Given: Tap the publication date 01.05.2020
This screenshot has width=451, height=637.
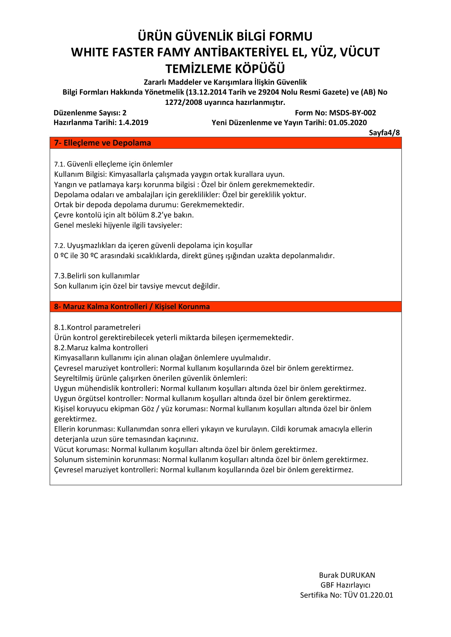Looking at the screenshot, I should click(347, 122).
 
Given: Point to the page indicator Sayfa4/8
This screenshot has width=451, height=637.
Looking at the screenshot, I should click(384, 133).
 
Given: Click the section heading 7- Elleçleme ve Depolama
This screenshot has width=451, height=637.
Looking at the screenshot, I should click(102, 143).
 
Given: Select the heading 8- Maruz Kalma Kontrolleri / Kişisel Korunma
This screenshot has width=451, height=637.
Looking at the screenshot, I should click(132, 306).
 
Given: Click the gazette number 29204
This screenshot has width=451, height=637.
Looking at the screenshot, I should click(268, 92).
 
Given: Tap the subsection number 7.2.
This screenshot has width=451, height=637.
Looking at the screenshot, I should click(59, 246).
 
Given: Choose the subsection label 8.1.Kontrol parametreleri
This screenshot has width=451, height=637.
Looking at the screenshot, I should click(97, 328).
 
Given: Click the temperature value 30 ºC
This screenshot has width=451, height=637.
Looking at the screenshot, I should click(89, 256).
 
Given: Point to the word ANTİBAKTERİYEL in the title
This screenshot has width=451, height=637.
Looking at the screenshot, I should click(241, 52).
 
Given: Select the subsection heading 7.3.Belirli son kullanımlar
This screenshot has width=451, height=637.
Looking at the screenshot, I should click(97, 276).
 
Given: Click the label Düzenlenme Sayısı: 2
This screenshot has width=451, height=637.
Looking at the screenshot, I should click(90, 113).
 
